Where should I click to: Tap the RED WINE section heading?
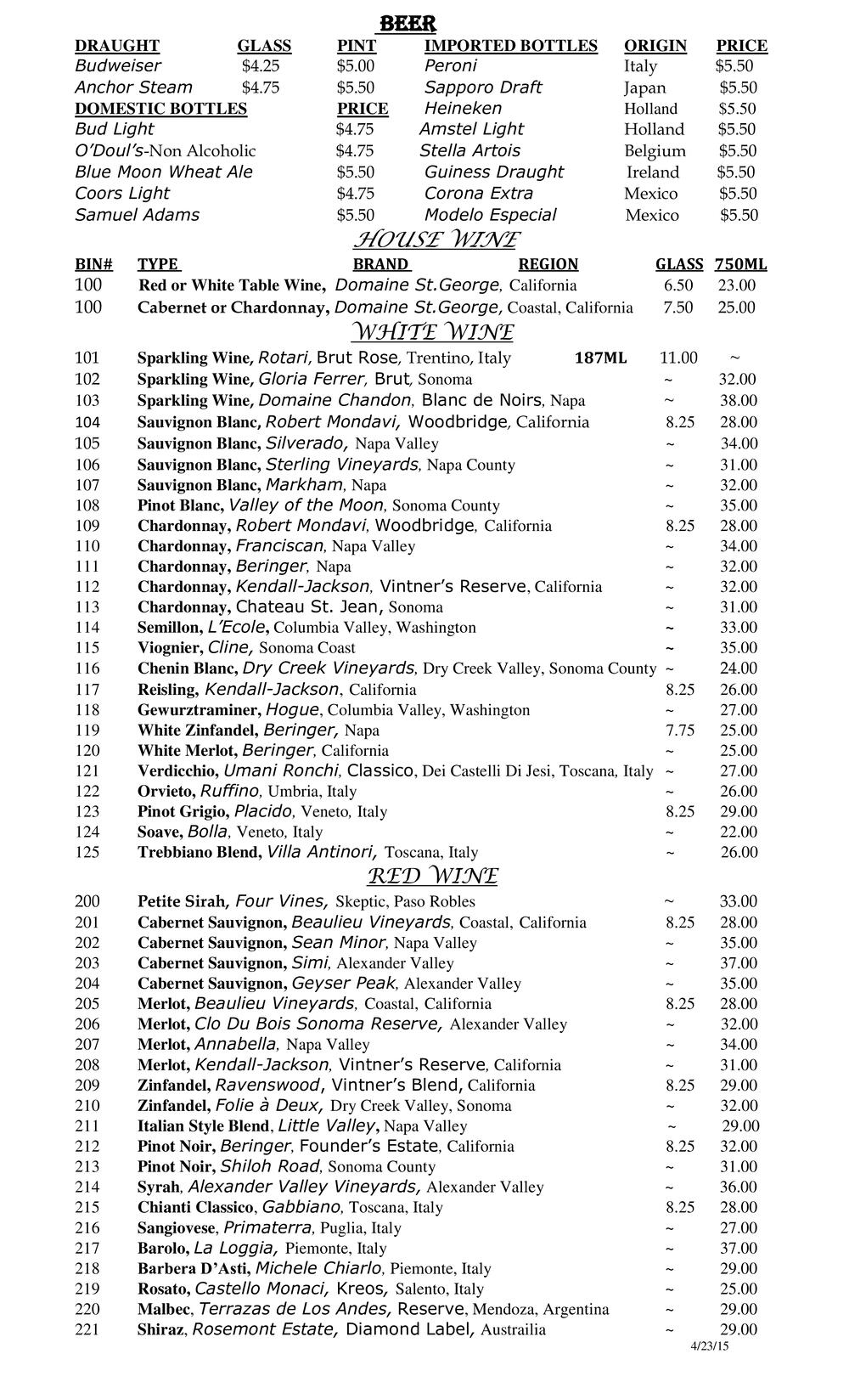tap(433, 876)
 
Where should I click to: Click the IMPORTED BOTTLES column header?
tap(510, 46)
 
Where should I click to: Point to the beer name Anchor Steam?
tap(133, 87)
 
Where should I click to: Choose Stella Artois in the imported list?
tap(469, 151)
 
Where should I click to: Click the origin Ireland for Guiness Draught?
tap(653, 172)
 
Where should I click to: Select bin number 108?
tap(87, 505)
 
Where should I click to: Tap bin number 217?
tap(87, 1249)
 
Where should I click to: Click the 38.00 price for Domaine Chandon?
tap(738, 401)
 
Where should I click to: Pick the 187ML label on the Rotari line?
tap(600, 358)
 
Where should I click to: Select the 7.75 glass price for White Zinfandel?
tap(680, 731)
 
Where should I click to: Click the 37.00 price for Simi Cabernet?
tap(738, 963)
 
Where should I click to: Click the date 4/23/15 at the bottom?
tap(711, 1346)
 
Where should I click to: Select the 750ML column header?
tap(740, 264)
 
